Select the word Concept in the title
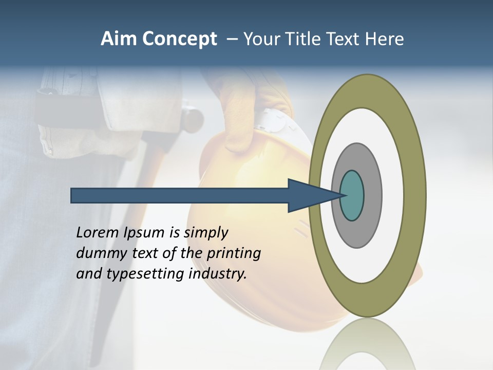[180, 40]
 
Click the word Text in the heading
[345, 39]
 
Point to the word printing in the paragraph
[233, 253]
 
